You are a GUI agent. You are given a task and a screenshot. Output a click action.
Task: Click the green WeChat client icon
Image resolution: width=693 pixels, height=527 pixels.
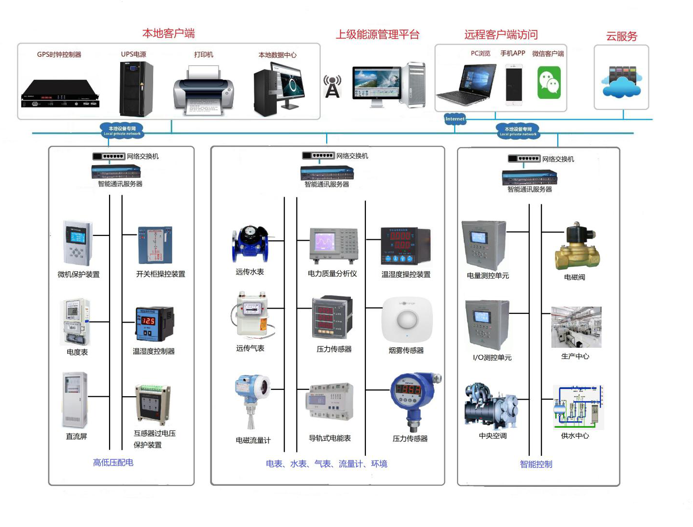tap(549, 83)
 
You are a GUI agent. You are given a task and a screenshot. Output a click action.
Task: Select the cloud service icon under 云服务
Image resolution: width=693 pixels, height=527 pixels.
tap(621, 81)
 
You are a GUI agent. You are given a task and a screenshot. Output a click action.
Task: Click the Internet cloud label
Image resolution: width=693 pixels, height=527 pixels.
tap(455, 119)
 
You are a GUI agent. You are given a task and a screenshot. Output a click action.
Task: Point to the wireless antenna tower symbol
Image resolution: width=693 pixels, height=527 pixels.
tap(332, 87)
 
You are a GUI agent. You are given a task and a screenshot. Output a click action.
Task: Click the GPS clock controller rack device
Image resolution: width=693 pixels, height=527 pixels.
tap(60, 93)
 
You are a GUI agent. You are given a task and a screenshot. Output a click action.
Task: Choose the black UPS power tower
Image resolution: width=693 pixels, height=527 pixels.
tap(136, 89)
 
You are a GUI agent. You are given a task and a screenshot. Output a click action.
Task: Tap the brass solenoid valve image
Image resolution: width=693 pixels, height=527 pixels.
tap(577, 247)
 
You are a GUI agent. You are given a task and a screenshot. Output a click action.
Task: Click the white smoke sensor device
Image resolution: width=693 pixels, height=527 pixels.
tap(407, 320)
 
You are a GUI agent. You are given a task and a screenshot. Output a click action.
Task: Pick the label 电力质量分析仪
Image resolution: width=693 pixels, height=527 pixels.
tap(332, 274)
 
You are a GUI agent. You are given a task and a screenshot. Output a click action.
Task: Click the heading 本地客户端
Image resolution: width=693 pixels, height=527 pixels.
tap(168, 33)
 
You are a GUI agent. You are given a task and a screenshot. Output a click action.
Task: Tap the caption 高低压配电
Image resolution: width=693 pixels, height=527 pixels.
tap(113, 463)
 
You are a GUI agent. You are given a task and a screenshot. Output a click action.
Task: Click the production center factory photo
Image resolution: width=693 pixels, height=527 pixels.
tap(576, 327)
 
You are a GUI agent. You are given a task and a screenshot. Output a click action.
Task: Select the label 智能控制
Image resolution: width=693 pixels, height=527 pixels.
tap(536, 464)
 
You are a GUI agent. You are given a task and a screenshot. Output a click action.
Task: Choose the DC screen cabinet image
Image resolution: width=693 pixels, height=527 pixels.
tap(75, 400)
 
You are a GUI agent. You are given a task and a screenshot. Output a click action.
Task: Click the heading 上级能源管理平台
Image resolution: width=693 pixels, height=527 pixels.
tap(378, 35)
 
